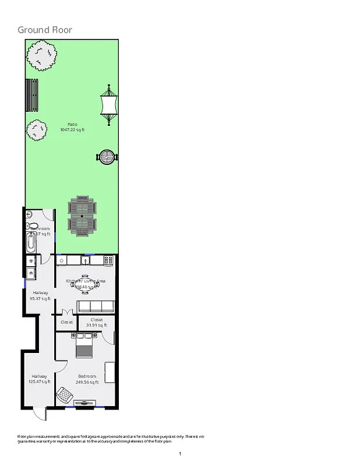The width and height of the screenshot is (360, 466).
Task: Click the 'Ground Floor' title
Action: [45, 30]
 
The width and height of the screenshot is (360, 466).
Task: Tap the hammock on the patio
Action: [109, 105]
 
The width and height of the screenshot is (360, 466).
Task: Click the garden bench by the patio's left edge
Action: [33, 94]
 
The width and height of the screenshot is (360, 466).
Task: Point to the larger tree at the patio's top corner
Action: [41, 55]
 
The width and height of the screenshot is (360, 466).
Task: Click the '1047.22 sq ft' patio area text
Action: [72, 130]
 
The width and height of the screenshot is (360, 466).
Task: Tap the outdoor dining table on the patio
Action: [82, 216]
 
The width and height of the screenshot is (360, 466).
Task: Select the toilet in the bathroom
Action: [32, 226]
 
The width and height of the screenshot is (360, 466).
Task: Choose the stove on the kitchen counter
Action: [108, 260]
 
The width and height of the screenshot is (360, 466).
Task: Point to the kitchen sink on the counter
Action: [84, 260]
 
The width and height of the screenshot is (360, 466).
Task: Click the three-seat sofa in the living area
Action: [96, 306]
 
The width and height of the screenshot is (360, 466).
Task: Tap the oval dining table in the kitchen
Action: [86, 284]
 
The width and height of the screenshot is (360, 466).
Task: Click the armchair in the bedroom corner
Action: [64, 396]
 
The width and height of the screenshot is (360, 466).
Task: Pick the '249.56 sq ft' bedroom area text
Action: [87, 382]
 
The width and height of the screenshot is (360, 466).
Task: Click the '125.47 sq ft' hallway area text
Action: [39, 382]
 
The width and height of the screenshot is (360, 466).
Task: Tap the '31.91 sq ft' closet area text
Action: [96, 325]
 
